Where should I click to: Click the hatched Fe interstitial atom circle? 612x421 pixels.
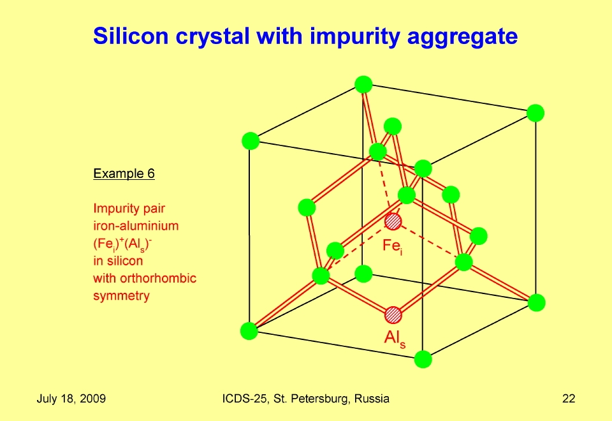(393, 221)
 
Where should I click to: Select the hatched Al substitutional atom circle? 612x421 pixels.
(393, 315)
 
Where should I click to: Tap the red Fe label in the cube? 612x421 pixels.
(392, 246)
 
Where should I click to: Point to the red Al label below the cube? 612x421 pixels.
(395, 338)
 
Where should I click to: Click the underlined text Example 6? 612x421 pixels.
(124, 174)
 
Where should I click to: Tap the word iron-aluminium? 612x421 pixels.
(136, 226)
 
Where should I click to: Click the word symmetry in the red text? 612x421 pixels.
(121, 295)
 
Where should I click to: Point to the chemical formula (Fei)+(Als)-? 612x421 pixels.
(122, 244)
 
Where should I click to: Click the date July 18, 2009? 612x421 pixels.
(71, 399)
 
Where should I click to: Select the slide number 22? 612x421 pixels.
(569, 398)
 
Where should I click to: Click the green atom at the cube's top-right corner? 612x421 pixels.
(535, 114)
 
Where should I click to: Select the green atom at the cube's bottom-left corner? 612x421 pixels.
(249, 331)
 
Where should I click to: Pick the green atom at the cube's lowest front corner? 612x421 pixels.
(423, 359)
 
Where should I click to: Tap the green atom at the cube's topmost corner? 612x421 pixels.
(363, 85)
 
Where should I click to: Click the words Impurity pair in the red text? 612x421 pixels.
(129, 209)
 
